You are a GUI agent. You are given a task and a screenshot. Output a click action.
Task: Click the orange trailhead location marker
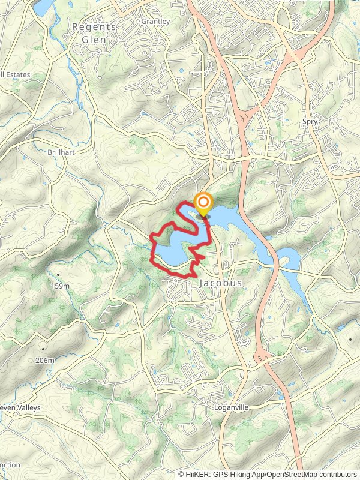pyautogui.click(x=203, y=203)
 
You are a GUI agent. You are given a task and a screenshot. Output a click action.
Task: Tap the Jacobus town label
pyautogui.click(x=220, y=283)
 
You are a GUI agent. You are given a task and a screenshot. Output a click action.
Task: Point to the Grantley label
pyautogui.click(x=155, y=22)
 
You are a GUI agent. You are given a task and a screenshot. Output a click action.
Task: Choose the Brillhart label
pyautogui.click(x=60, y=152)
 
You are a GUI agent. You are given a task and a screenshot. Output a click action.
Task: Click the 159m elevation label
pyautogui.click(x=61, y=286)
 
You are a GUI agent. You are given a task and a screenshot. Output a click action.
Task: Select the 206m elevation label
pyautogui.click(x=44, y=361)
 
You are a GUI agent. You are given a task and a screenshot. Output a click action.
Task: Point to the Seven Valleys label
pyautogui.click(x=19, y=407)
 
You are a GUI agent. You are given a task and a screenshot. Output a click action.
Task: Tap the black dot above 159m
pyautogui.click(x=59, y=274)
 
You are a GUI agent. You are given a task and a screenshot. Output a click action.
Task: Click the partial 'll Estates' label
pyautogui.click(x=15, y=75)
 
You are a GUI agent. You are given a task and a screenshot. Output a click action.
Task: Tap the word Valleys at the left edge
pyautogui.click(x=26, y=407)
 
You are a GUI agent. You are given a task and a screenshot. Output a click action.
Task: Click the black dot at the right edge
pyautogui.click(x=350, y=340)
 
